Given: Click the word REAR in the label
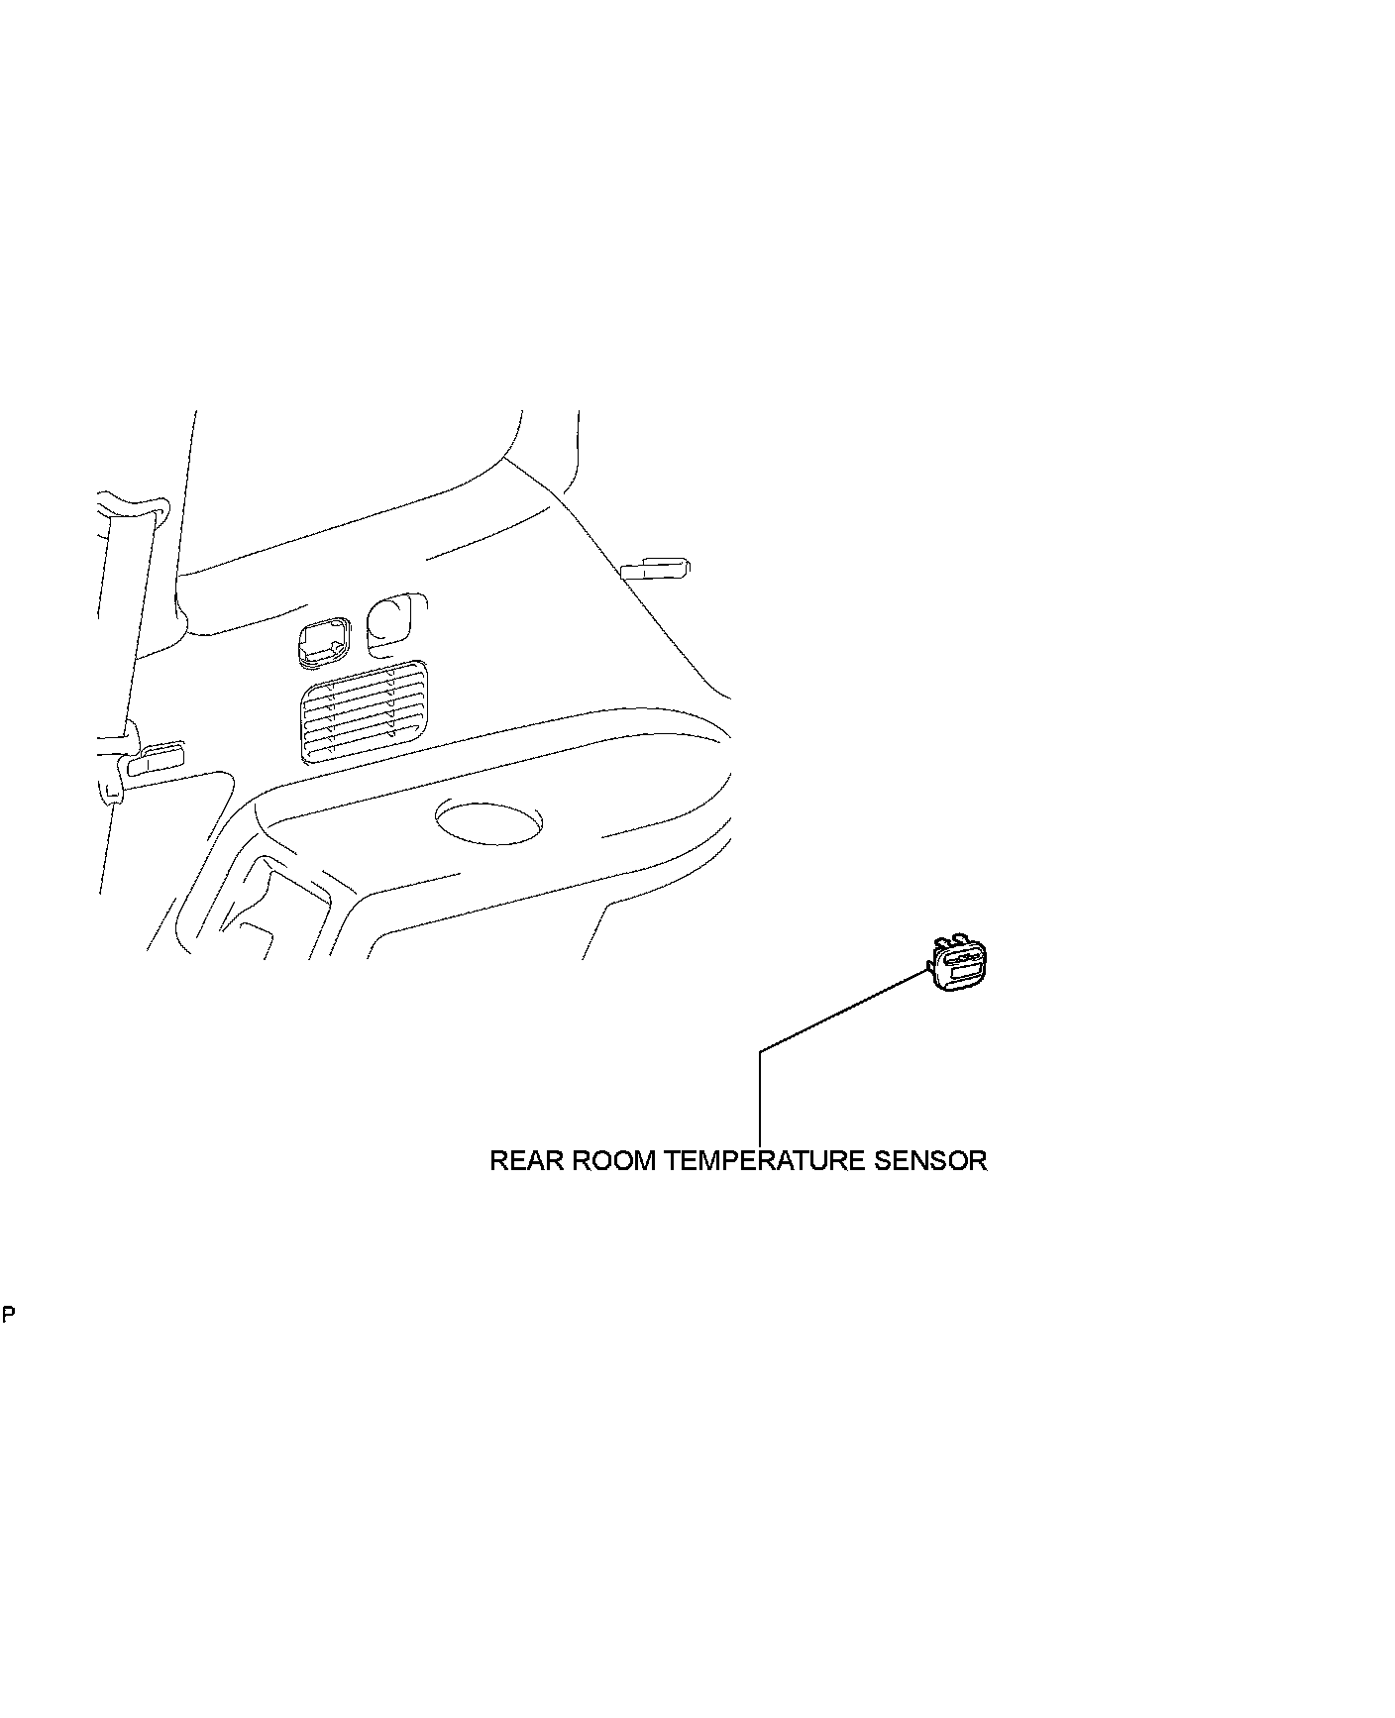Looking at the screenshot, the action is [x=523, y=1160].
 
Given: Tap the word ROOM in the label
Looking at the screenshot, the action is [x=610, y=1160].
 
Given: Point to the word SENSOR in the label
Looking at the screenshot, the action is [x=930, y=1160].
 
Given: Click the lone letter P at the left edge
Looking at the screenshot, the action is [x=8, y=1316].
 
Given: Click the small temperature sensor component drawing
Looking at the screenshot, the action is [x=958, y=966].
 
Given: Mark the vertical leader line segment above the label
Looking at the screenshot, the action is [x=760, y=1095].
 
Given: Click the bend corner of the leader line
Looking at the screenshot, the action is [x=760, y=1050].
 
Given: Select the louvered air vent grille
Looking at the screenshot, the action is [x=364, y=710].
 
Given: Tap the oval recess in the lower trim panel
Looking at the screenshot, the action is [x=488, y=821].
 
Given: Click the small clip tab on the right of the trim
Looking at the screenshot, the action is [x=654, y=568].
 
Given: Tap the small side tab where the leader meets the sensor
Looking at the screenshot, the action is [x=931, y=966].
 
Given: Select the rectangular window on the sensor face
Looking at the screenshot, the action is [x=964, y=974].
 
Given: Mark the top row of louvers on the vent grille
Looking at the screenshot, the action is [x=364, y=684].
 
